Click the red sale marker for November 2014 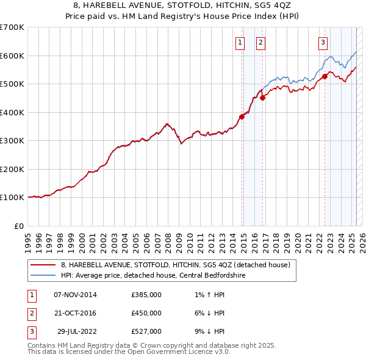(242, 117)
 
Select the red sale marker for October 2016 (263, 98)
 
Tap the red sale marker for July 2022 (325, 76)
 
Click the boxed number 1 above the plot (240, 43)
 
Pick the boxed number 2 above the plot (260, 43)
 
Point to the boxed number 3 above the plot (323, 43)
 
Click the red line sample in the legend (43, 265)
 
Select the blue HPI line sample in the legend (43, 275)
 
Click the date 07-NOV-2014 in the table (75, 295)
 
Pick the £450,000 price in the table (146, 313)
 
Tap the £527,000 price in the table (146, 331)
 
